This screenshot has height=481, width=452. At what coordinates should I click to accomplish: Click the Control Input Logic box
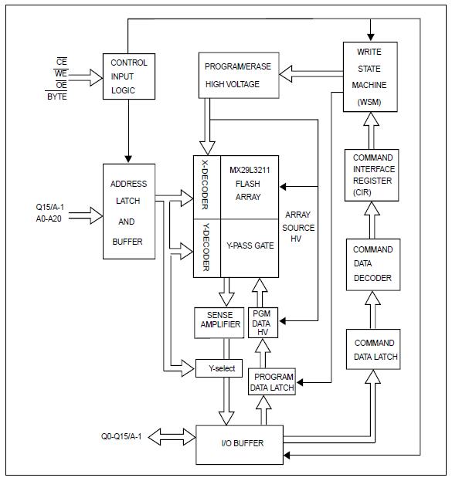click(x=129, y=76)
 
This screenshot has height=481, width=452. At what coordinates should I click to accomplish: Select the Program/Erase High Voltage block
click(x=239, y=75)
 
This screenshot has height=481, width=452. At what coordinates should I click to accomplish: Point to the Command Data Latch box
click(x=374, y=349)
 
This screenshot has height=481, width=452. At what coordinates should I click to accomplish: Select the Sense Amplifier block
click(x=219, y=321)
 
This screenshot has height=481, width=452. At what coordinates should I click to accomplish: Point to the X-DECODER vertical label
click(x=206, y=186)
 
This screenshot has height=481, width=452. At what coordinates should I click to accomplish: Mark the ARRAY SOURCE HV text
click(x=300, y=227)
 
